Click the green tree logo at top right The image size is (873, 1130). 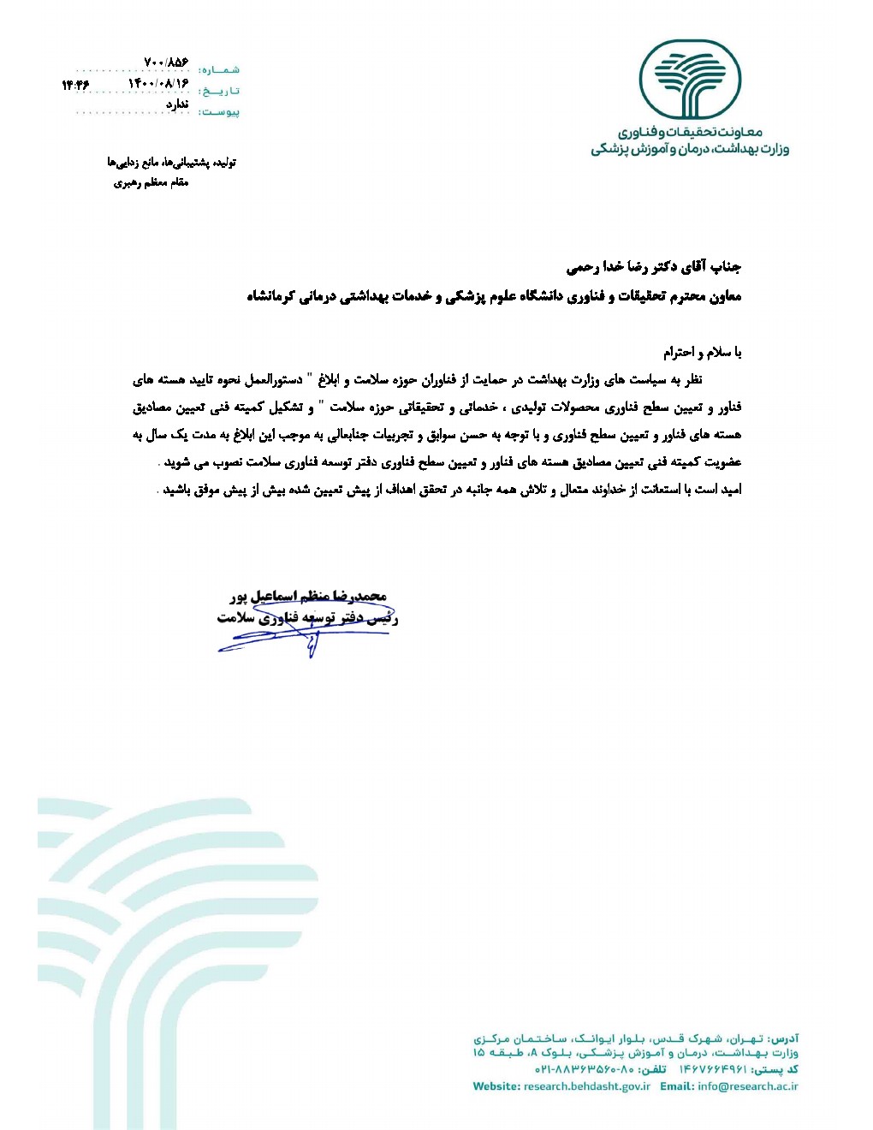pos(690,80)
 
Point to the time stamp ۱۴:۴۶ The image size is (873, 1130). pos(75,85)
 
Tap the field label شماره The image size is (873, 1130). pos(219,69)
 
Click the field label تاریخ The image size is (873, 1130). pos(219,91)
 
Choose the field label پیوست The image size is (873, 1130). pos(219,112)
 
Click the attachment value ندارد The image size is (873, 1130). pos(176,104)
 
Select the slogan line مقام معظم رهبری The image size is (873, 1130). pos(151,182)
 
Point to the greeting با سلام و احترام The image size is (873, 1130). pos(702,352)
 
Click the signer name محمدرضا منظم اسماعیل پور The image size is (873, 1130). pos(308,596)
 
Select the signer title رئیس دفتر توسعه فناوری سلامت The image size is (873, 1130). pos(307,617)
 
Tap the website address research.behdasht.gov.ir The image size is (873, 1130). pos(586,1086)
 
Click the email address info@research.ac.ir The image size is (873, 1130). pos(747,1086)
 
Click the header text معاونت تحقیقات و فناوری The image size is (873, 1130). pos(690,133)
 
